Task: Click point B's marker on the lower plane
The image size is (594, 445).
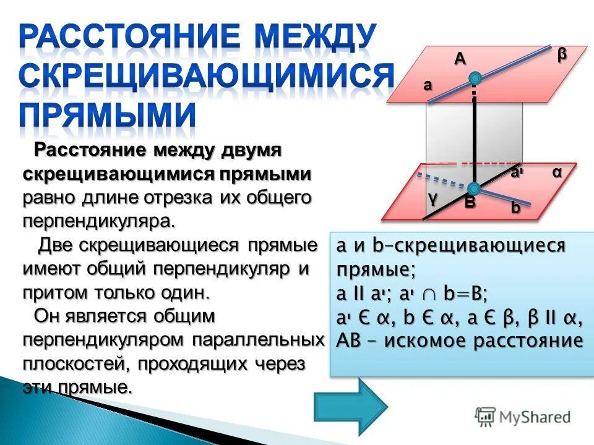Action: pyautogui.click(x=474, y=189)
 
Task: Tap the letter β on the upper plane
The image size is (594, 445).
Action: pyautogui.click(x=561, y=54)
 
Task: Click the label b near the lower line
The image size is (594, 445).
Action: pyautogui.click(x=515, y=208)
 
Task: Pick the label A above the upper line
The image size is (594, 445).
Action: pyautogui.click(x=460, y=59)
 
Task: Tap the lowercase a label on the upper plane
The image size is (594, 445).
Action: pyautogui.click(x=428, y=86)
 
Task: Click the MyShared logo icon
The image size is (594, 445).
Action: pyautogui.click(x=485, y=417)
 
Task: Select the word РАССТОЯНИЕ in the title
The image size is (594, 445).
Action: pyautogui.click(x=118, y=37)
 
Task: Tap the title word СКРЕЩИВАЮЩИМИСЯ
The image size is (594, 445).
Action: pyautogui.click(x=205, y=75)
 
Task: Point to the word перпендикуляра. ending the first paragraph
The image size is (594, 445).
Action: pyautogui.click(x=100, y=221)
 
